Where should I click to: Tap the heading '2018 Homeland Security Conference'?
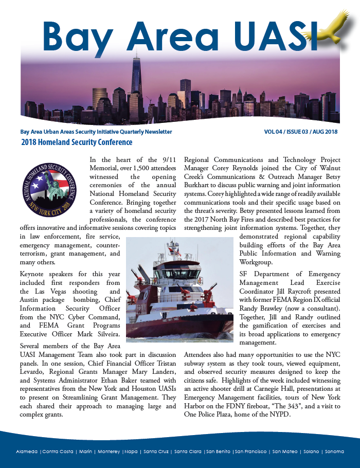[x=77, y=142]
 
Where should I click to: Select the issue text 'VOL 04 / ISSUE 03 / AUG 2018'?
[x=301, y=132]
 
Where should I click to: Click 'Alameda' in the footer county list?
[x=27, y=452]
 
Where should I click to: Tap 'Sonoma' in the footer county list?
[x=334, y=452]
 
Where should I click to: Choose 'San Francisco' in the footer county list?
[x=250, y=452]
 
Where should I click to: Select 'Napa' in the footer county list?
[x=131, y=452]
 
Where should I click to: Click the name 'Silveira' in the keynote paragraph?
[x=106, y=334]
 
